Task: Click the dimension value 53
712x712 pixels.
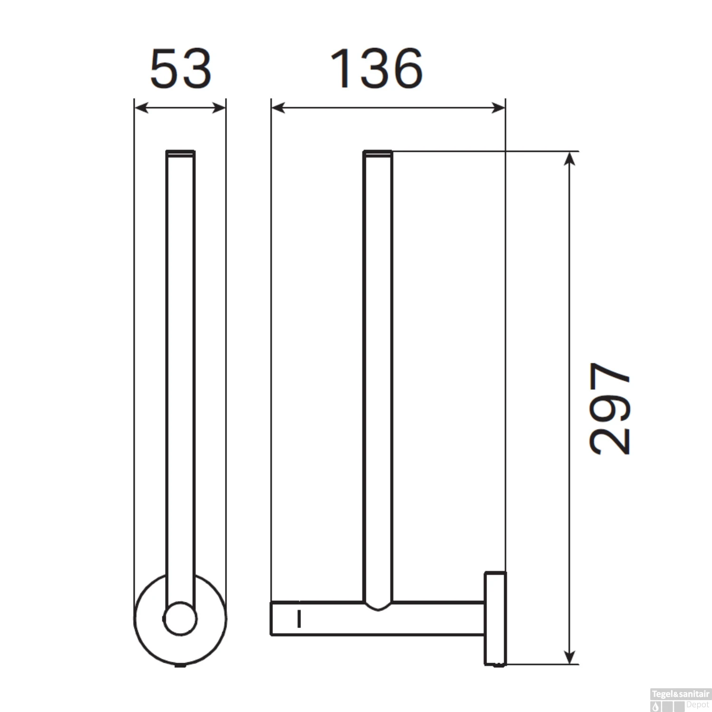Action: coord(180,69)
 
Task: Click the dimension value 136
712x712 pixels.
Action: coord(376,69)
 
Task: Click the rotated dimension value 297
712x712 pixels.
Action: coord(610,408)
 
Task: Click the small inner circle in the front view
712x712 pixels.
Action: coord(180,619)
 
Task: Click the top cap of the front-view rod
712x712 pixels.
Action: coord(180,152)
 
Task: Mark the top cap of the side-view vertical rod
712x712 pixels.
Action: coord(378,152)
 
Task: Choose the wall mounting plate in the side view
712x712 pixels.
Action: coord(495,618)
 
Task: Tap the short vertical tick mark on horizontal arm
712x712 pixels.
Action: coord(299,619)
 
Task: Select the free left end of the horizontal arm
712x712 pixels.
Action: coord(272,618)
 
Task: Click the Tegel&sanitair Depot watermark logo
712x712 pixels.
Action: coord(680,700)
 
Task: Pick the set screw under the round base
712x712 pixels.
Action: coord(180,665)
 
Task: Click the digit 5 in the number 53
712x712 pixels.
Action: coord(164,69)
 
